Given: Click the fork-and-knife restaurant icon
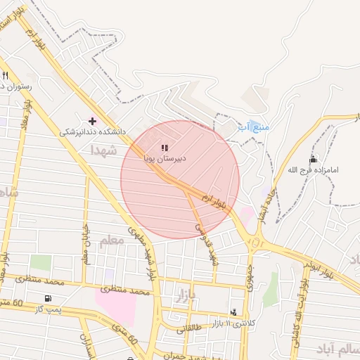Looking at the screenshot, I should (x=6, y=75).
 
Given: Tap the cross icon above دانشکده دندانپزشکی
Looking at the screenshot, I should (x=92, y=121).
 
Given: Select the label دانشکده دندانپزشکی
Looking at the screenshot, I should (x=92, y=131).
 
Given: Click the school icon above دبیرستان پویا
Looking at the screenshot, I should (x=165, y=148).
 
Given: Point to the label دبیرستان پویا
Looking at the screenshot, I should (x=166, y=159).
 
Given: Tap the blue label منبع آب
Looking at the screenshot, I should (x=253, y=127).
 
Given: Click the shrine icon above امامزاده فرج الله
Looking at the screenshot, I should (x=313, y=160).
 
